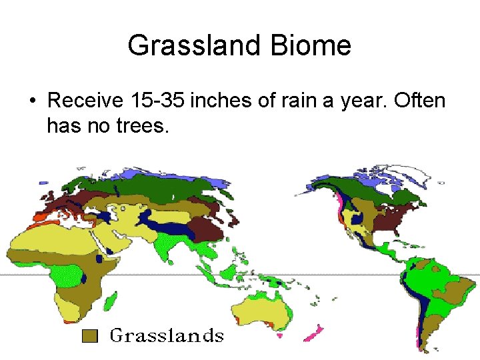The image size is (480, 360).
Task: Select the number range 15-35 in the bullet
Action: pyautogui.click(x=157, y=101)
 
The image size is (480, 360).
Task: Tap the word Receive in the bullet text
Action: pyautogui.click(x=85, y=101)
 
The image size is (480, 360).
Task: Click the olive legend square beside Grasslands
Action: pyautogui.click(x=90, y=335)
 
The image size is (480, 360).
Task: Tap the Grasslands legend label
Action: pyautogui.click(x=167, y=335)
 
